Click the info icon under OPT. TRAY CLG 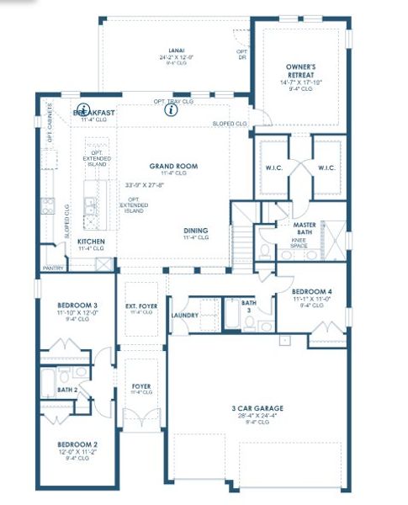pyautogui.click(x=172, y=109)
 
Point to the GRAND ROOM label pyautogui.click(x=173, y=167)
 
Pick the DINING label pyautogui.click(x=197, y=231)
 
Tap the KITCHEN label pyautogui.click(x=91, y=242)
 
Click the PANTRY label pyautogui.click(x=52, y=268)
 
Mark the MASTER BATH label pyautogui.click(x=303, y=229)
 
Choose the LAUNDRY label pyautogui.click(x=183, y=316)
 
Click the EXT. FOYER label pyautogui.click(x=140, y=306)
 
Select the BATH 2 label pyautogui.click(x=68, y=391)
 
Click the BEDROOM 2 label pyautogui.click(x=77, y=444)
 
